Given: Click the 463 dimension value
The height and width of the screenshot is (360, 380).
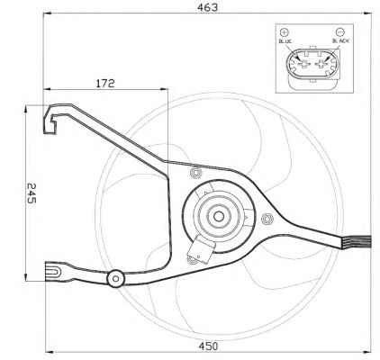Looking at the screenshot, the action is click(x=207, y=7).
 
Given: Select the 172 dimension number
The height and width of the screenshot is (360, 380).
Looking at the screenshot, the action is click(x=105, y=83).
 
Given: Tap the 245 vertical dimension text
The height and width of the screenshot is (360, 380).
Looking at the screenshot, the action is click(x=32, y=193).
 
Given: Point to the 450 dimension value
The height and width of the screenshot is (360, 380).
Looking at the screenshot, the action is click(x=208, y=346).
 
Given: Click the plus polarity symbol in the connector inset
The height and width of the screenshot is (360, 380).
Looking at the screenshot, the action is click(x=284, y=32).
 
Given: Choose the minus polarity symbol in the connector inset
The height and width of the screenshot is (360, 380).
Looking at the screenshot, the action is click(x=339, y=31).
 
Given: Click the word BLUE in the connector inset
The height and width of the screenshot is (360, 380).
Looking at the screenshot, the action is click(x=285, y=41).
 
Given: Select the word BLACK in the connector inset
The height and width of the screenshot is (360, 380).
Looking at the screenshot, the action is click(x=340, y=40).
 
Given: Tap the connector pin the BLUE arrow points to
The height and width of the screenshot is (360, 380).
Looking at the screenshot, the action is click(x=303, y=64).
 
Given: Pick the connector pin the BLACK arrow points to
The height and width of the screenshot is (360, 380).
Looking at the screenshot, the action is click(x=322, y=64).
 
